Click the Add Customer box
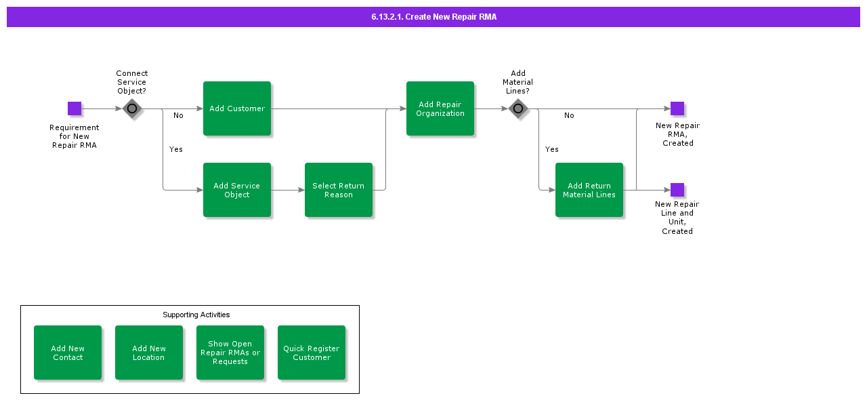tap(237, 108)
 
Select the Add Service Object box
tap(237, 190)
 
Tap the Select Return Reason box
tap(339, 190)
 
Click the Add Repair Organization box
tap(440, 108)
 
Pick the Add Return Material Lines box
tap(589, 190)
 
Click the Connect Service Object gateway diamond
tap(132, 108)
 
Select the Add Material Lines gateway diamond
tap(518, 108)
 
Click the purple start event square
tap(75, 108)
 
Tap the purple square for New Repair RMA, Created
tap(677, 108)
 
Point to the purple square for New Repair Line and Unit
tap(677, 190)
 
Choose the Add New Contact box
tap(68, 353)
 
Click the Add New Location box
tap(149, 353)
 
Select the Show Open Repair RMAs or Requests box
tap(230, 353)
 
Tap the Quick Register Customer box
tap(312, 353)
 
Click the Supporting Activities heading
tap(196, 315)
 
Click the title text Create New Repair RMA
tap(434, 17)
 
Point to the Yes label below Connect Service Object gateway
tap(175, 149)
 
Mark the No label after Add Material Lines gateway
tap(569, 115)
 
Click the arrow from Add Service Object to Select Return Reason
tap(288, 190)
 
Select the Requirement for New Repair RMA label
tap(75, 136)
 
